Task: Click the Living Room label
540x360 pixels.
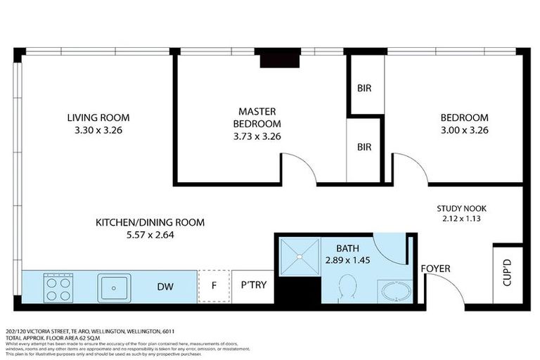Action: click(98, 117)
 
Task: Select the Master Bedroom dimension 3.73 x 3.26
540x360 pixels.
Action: click(257, 136)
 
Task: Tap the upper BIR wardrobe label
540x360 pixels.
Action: click(364, 89)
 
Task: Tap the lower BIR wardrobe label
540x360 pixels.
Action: click(364, 148)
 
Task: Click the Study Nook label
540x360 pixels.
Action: click(461, 208)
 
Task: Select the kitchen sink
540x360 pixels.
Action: click(113, 287)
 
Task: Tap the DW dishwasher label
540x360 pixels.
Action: click(166, 287)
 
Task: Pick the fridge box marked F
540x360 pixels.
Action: click(213, 287)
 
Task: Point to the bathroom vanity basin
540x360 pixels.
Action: click(390, 290)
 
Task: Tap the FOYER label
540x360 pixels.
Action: click(435, 269)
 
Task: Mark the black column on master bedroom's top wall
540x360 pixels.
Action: click(280, 58)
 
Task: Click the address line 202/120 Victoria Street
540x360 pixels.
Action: click(89, 330)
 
